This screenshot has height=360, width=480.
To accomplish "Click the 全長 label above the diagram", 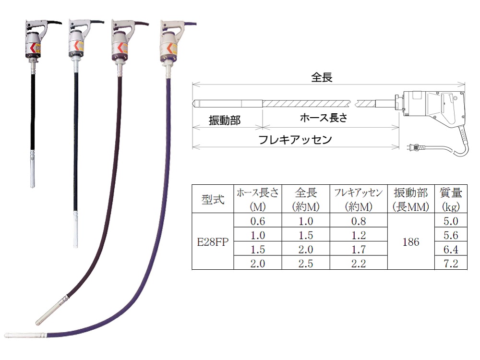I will pos(322,77).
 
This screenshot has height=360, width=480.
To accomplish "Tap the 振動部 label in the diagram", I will pos(225,120).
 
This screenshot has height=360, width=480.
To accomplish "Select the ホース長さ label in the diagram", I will pos(323,118).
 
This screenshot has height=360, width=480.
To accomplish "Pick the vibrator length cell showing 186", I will pos(411,242).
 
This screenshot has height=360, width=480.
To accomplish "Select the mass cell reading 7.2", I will pos(451,263).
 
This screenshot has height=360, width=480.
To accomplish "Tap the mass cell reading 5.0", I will pos(451,221).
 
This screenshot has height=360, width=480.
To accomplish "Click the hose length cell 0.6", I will pos(258,221).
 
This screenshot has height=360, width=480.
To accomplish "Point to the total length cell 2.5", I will pos(306,263).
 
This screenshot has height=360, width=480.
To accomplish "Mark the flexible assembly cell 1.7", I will pos(359,249).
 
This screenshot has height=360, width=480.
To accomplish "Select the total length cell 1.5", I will pos(306,235).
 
